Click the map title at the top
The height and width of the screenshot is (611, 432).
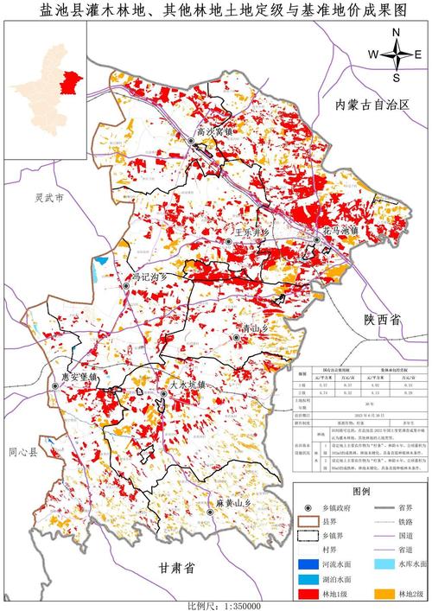(216, 12)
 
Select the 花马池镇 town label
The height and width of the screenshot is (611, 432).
(340, 232)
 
